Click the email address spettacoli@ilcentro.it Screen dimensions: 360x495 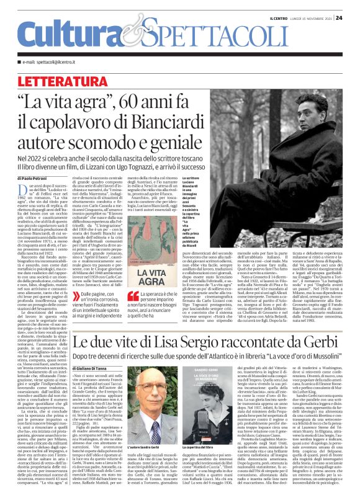(58, 62)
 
